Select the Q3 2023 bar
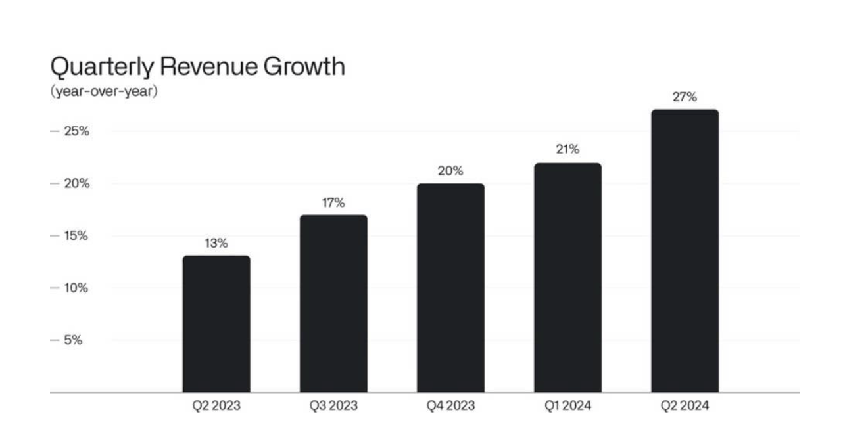tap(333, 304)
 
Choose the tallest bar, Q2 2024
tap(685, 251)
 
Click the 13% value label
tap(216, 243)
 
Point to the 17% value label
tap(333, 202)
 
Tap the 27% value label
tap(685, 97)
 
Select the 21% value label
tap(567, 150)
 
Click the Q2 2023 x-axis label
tap(216, 406)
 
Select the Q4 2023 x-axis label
tap(450, 406)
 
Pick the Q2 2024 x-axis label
tap(685, 406)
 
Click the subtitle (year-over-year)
tap(104, 92)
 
